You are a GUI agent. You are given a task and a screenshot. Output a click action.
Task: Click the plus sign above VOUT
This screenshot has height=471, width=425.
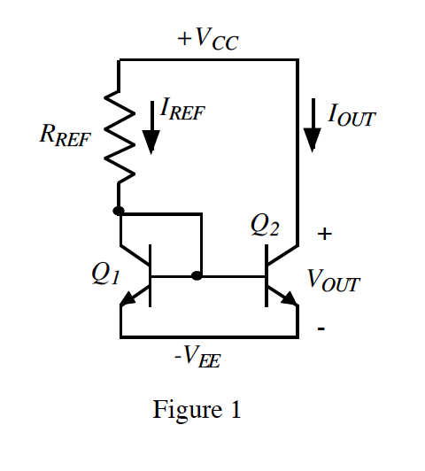point(325,234)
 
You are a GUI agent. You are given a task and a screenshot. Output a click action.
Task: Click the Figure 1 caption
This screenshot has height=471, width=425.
point(197,410)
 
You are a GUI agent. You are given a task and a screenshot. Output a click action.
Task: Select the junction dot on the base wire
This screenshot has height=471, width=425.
point(197,276)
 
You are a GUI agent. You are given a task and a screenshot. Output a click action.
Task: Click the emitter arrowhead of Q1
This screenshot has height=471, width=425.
point(128,300)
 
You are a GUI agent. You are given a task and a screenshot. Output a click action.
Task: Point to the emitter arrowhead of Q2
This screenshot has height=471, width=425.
point(289,300)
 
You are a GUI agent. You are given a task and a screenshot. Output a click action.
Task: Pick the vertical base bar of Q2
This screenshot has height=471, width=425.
point(266,276)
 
